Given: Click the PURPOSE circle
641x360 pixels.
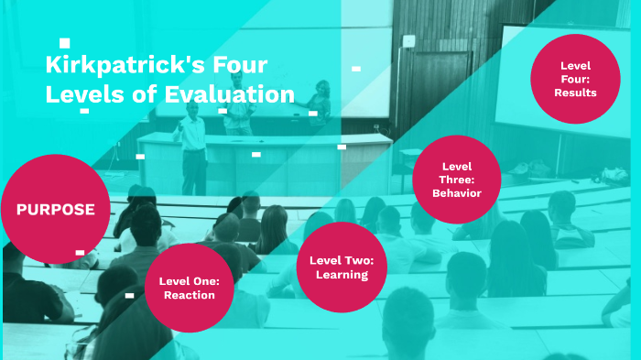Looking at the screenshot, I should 55,209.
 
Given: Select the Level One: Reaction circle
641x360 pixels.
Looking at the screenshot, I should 186,287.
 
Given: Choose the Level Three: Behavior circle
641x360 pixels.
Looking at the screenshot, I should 456,180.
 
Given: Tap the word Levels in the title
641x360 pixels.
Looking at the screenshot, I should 81,93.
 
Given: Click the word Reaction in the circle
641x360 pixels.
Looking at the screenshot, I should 190,295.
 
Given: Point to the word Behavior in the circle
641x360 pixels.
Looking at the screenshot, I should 457,192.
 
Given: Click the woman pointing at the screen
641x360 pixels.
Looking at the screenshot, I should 320,103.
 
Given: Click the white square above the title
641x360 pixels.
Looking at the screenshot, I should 64,42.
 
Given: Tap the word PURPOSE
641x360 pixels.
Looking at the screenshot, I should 55,209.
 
